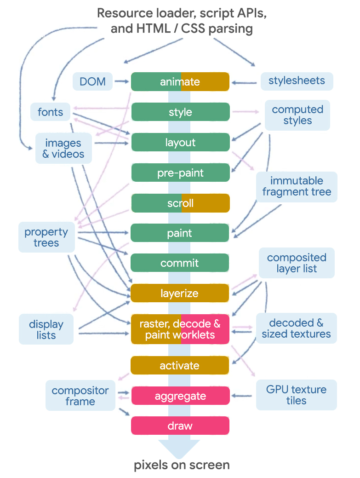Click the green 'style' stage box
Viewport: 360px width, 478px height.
coord(180,112)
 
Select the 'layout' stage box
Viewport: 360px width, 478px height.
coord(180,143)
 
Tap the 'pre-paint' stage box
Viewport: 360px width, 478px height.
coord(180,173)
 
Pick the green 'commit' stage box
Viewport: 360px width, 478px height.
coord(180,263)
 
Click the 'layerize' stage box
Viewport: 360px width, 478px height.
coord(180,293)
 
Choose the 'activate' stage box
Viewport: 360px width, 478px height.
coord(180,366)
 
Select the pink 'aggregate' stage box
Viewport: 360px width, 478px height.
coord(180,396)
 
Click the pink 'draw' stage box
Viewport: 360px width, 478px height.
coord(180,426)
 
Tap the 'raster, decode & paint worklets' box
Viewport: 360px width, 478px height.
coord(180,329)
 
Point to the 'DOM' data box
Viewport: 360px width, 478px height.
coord(92,81)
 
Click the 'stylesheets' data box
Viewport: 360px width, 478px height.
coord(297,81)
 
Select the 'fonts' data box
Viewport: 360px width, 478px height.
coord(50,112)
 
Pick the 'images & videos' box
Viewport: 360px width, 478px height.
coord(63,148)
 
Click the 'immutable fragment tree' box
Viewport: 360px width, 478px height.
coord(297,186)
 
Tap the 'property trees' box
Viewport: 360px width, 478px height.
coord(46,237)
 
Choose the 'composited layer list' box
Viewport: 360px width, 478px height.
coord(297,263)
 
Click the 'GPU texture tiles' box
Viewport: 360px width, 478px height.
coord(296,395)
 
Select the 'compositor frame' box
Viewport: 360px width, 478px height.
coord(80,396)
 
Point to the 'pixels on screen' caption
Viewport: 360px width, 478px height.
coord(182,465)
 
